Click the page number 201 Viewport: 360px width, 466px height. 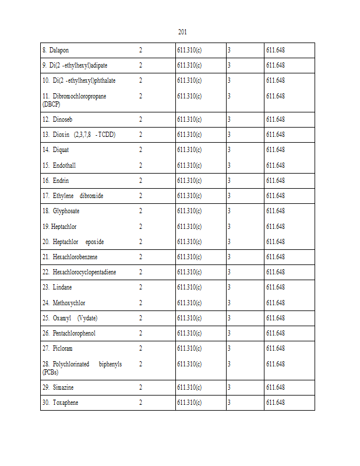(x=182, y=32)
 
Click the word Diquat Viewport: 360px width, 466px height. (x=61, y=150)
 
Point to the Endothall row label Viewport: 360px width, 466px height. (x=64, y=165)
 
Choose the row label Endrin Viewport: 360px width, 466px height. (x=61, y=181)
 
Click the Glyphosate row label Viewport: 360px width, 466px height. (x=66, y=211)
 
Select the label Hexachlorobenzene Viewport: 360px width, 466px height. (x=75, y=257)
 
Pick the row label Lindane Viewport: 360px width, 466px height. (x=62, y=287)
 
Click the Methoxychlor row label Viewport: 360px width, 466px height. (x=69, y=303)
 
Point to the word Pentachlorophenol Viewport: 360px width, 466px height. (x=74, y=333)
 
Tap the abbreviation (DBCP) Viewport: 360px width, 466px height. (x=51, y=104)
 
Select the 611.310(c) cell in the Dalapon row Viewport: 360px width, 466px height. (x=189, y=50)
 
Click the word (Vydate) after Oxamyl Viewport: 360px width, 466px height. (x=87, y=318)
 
